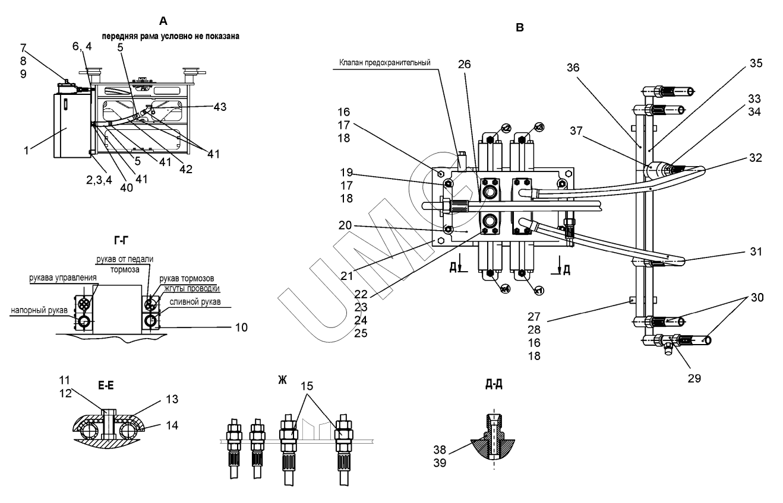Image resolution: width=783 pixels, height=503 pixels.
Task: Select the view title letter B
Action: pos(520,27)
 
